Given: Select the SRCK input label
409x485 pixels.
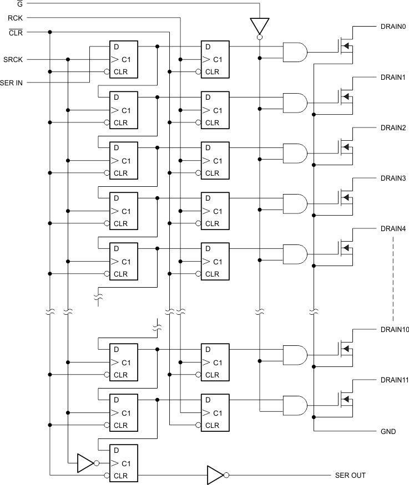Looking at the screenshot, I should pos(13,59).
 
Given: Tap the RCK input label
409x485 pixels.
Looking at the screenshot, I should pos(14,18).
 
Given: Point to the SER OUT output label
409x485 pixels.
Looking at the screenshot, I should pos(350,476).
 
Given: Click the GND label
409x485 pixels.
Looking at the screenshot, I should pos(388,431).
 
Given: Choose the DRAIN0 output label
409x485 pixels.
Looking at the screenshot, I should pos(393,27).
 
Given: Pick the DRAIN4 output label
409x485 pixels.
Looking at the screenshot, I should pos(393,228).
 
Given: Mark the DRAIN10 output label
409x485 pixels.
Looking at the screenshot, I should pos(395,330).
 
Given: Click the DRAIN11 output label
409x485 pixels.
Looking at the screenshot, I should pos(395,380).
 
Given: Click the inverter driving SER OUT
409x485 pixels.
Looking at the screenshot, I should pos(215,475).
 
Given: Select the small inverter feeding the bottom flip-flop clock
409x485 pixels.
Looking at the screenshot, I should pos(85,463).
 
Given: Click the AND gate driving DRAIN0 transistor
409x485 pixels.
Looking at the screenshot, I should pos(295,53).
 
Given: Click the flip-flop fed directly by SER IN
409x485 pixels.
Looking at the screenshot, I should pos(123,59).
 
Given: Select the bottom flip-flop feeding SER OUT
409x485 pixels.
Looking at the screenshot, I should pos(123,463).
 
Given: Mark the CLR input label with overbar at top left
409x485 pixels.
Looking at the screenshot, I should pos(16,32).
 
